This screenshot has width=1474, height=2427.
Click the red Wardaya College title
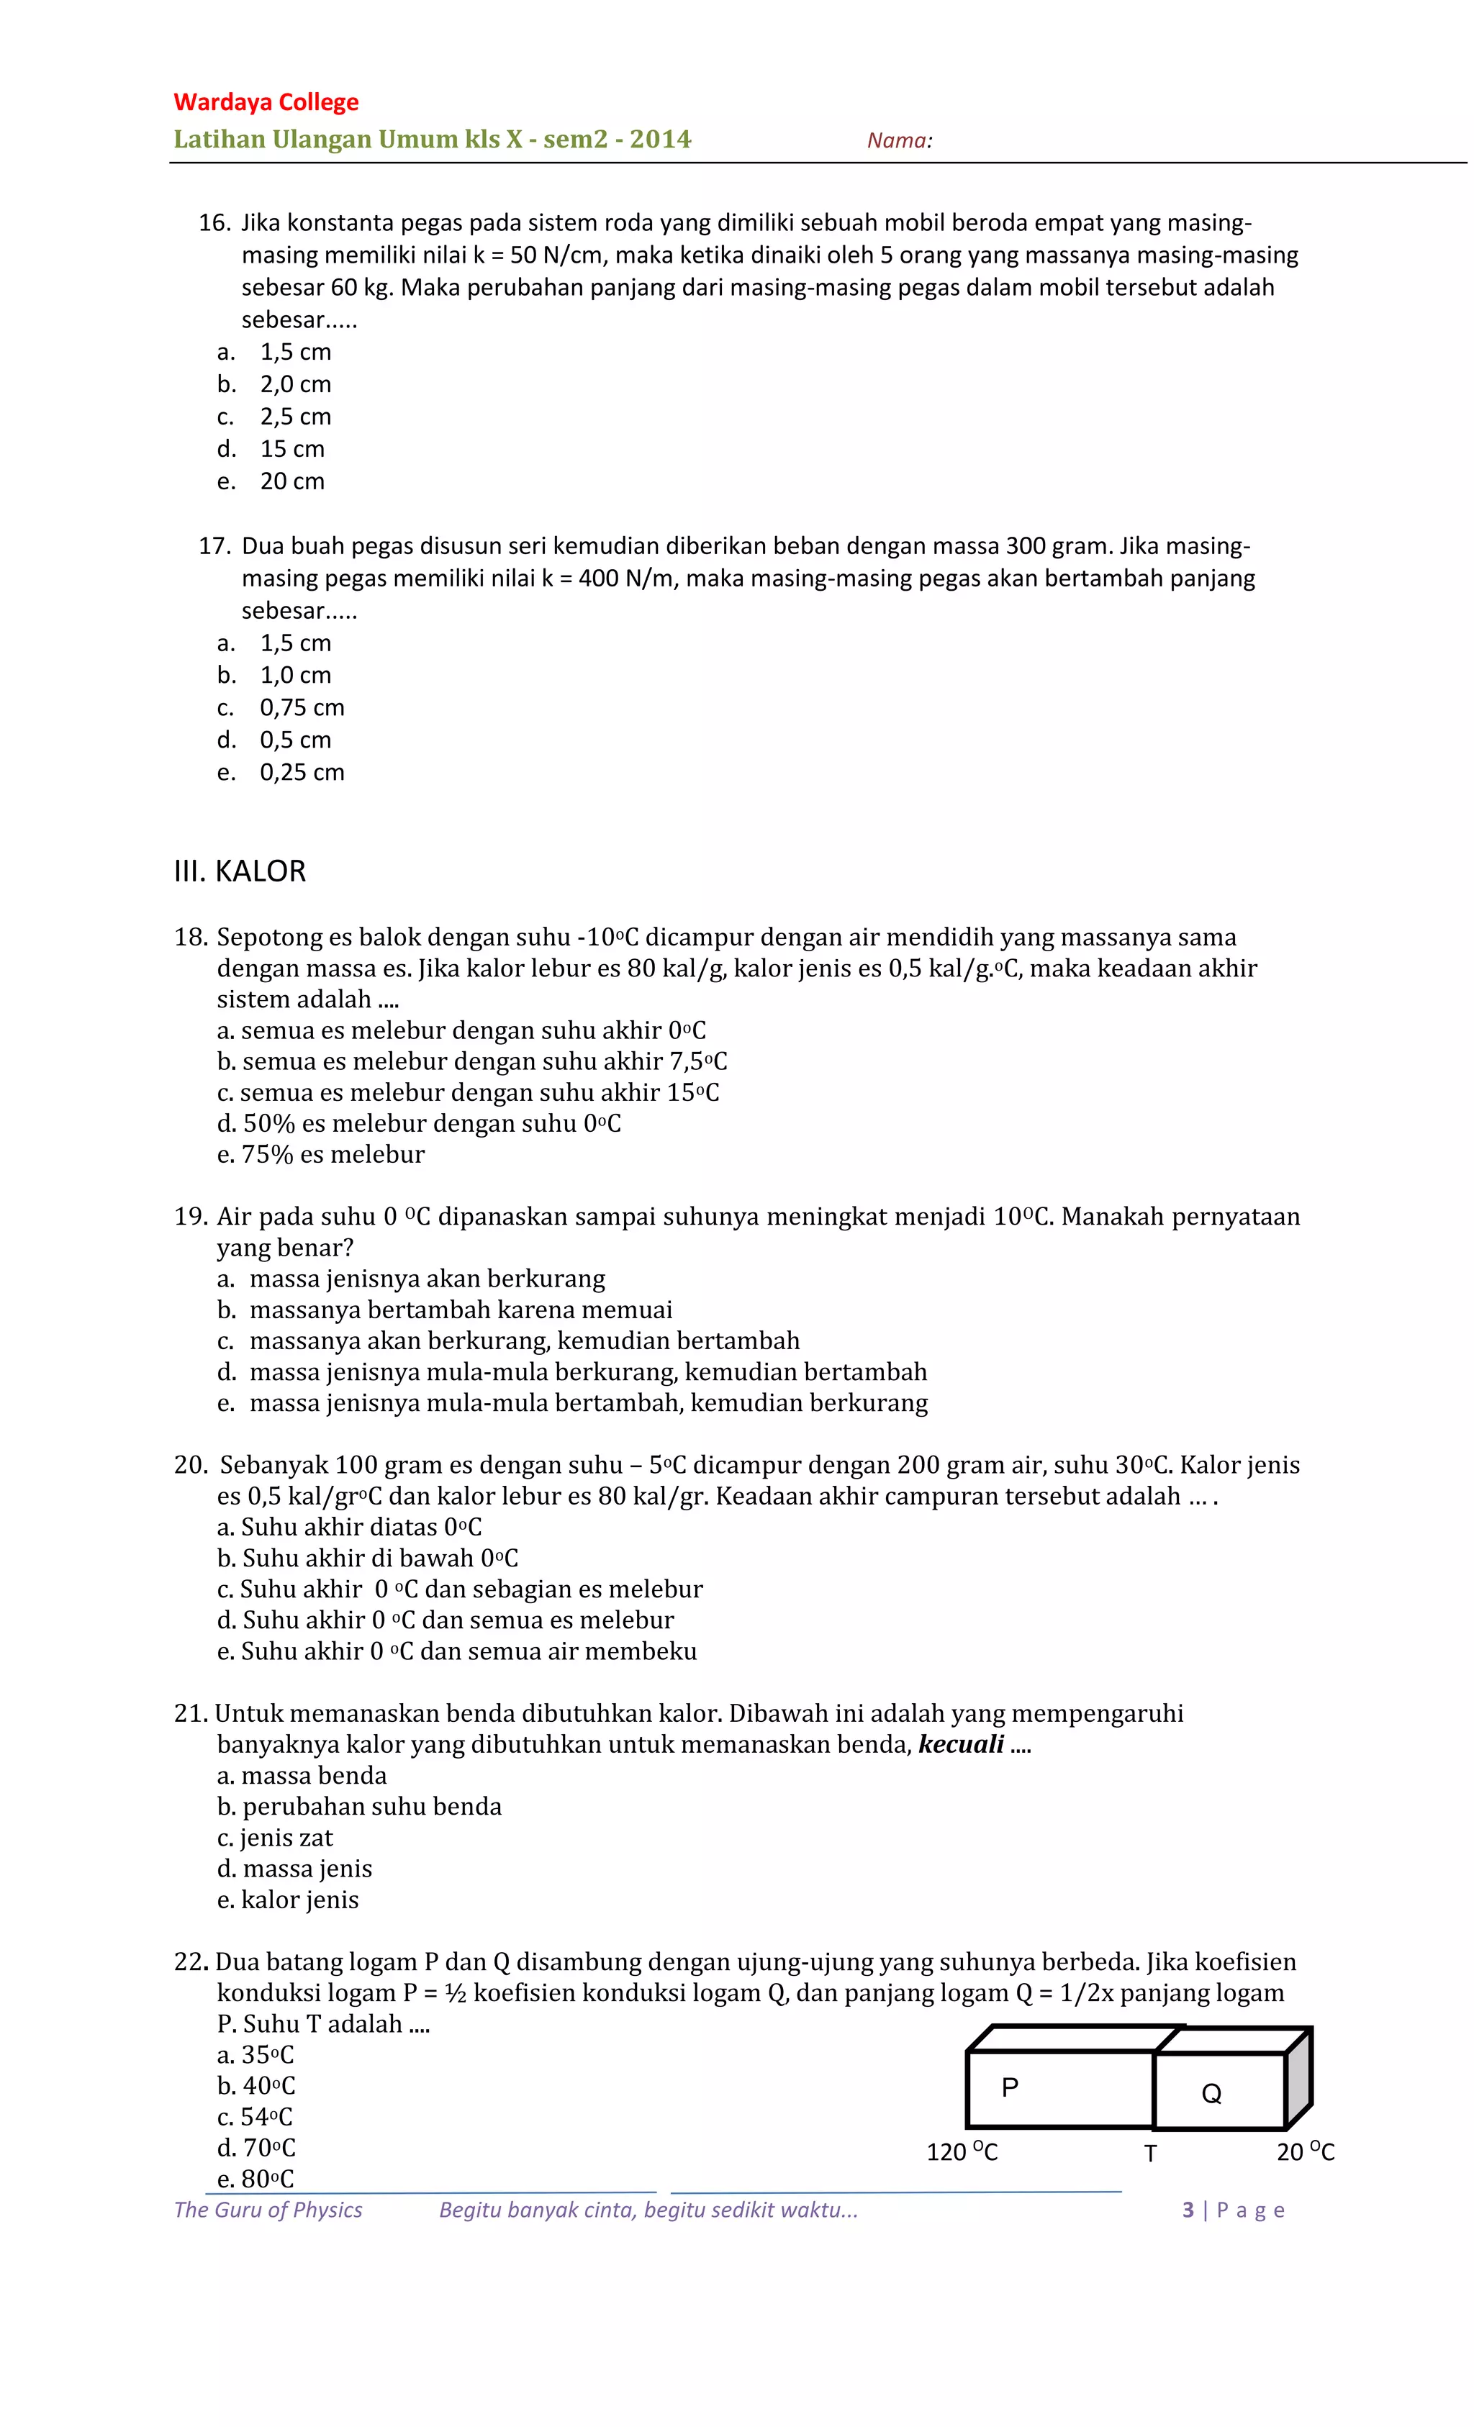tap(266, 102)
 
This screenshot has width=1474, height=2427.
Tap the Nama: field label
tap(899, 141)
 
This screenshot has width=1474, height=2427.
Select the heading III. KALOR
tap(240, 871)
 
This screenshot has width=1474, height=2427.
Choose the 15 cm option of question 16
tap(291, 449)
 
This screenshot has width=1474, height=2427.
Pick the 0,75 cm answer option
tap(302, 707)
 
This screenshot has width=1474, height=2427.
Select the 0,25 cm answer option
tap(302, 772)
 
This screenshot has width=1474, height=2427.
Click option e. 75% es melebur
tap(321, 1154)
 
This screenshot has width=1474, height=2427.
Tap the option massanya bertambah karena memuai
tap(460, 1310)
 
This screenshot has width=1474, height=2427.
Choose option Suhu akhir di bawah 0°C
tap(368, 1559)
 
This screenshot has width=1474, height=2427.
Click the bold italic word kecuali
tap(961, 1744)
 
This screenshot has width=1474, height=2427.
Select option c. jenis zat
tap(275, 1838)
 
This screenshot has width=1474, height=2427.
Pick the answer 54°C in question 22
tap(256, 2117)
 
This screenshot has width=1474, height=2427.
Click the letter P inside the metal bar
tap(1010, 2087)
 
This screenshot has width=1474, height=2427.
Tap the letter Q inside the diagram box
tap(1211, 2094)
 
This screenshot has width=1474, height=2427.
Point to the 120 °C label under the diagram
tap(962, 2152)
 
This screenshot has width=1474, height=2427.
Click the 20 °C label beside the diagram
tap(1306, 2152)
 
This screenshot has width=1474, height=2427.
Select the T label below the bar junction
tap(1150, 2154)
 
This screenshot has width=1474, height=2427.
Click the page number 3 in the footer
tap(1188, 2210)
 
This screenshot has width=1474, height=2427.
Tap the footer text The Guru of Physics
tap(268, 2210)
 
